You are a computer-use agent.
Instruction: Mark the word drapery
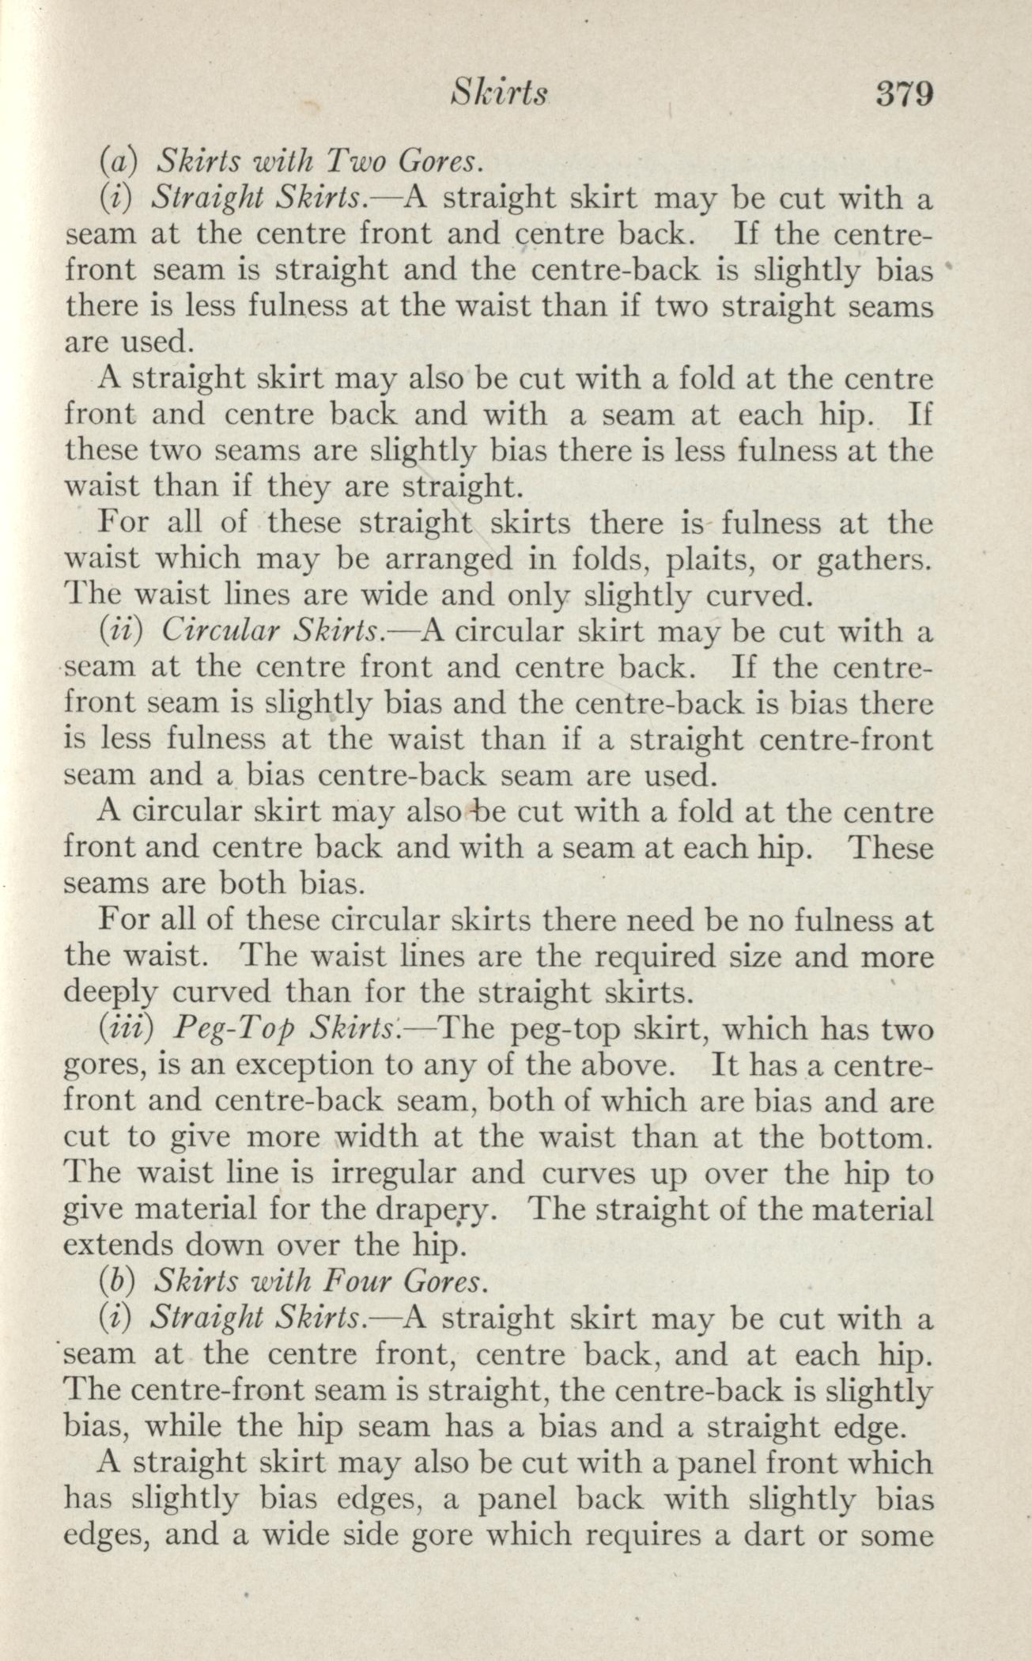point(445,1209)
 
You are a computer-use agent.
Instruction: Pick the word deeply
point(109,993)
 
